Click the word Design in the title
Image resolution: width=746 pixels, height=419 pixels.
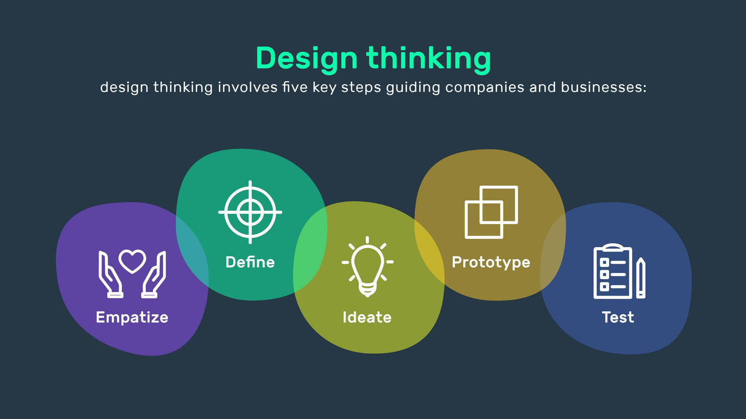(306, 59)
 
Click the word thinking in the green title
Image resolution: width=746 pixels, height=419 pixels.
(429, 59)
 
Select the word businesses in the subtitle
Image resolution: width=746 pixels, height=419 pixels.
(603, 87)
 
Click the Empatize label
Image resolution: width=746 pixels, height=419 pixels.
(132, 317)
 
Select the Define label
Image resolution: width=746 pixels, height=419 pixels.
(250, 262)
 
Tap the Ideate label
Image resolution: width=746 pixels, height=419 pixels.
(367, 317)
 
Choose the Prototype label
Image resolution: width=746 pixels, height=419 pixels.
(491, 262)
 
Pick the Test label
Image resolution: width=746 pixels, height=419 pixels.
(618, 317)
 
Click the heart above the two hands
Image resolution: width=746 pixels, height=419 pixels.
(132, 261)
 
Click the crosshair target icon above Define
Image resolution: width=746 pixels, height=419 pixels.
(250, 212)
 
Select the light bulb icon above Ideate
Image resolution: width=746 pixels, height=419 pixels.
(367, 266)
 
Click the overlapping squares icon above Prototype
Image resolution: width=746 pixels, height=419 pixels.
(491, 212)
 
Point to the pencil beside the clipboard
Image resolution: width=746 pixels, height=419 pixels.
(641, 278)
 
